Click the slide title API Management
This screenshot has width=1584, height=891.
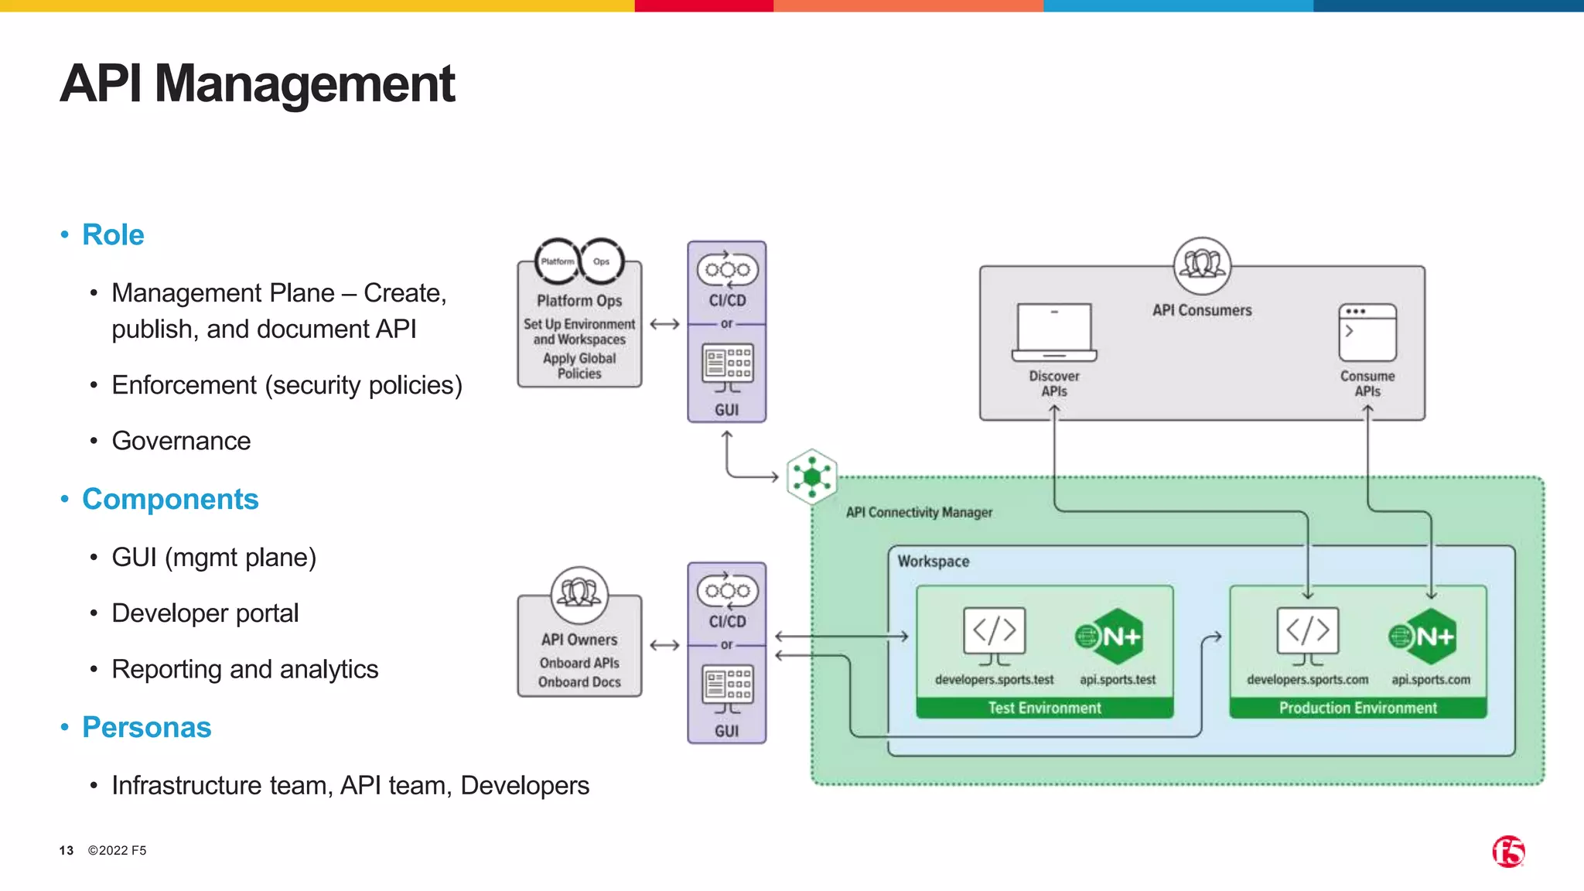pyautogui.click(x=258, y=84)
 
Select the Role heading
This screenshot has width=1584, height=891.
pyautogui.click(x=113, y=234)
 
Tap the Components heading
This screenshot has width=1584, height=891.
pyautogui.click(x=170, y=499)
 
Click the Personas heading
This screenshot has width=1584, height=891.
pyautogui.click(x=146, y=727)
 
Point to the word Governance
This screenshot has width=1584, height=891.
pyautogui.click(x=181, y=441)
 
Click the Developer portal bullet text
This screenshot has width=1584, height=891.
pyautogui.click(x=205, y=613)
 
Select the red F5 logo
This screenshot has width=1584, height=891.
pyautogui.click(x=1508, y=852)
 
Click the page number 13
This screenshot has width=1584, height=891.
pyautogui.click(x=67, y=851)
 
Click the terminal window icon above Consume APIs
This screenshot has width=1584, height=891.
pyautogui.click(x=1367, y=333)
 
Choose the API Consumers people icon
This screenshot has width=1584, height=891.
pyautogui.click(x=1202, y=265)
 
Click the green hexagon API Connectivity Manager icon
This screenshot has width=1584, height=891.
pyautogui.click(x=811, y=476)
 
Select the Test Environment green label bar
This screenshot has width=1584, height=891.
pyautogui.click(x=1044, y=708)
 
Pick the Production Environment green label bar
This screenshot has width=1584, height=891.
pyautogui.click(x=1357, y=708)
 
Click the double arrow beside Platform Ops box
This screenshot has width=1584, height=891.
pyautogui.click(x=664, y=324)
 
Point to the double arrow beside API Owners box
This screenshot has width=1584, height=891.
pyautogui.click(x=664, y=645)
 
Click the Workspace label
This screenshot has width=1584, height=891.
pyautogui.click(x=933, y=562)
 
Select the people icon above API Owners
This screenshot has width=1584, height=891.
pyautogui.click(x=579, y=594)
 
